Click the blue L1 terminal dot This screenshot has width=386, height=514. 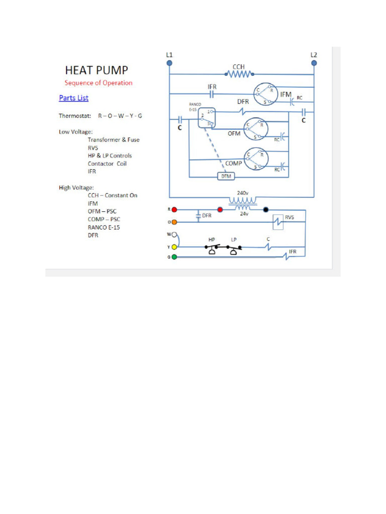pos(169,63)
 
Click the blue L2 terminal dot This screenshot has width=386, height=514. pos(314,63)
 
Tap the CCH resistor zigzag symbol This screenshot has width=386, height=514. pos(239,74)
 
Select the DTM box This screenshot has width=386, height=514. pos(224,176)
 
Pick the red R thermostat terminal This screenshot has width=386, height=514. pos(174,209)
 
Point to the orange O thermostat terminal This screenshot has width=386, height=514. pos(174,222)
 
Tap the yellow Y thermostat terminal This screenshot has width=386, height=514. pos(174,247)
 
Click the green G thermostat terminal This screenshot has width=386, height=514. pos(174,257)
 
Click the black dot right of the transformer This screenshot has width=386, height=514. pos(266,209)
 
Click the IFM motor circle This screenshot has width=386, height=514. pos(266,94)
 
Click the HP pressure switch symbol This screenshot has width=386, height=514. pos(212,248)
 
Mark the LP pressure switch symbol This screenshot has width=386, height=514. pos(234,248)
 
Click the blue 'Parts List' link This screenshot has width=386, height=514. pos(73,98)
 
